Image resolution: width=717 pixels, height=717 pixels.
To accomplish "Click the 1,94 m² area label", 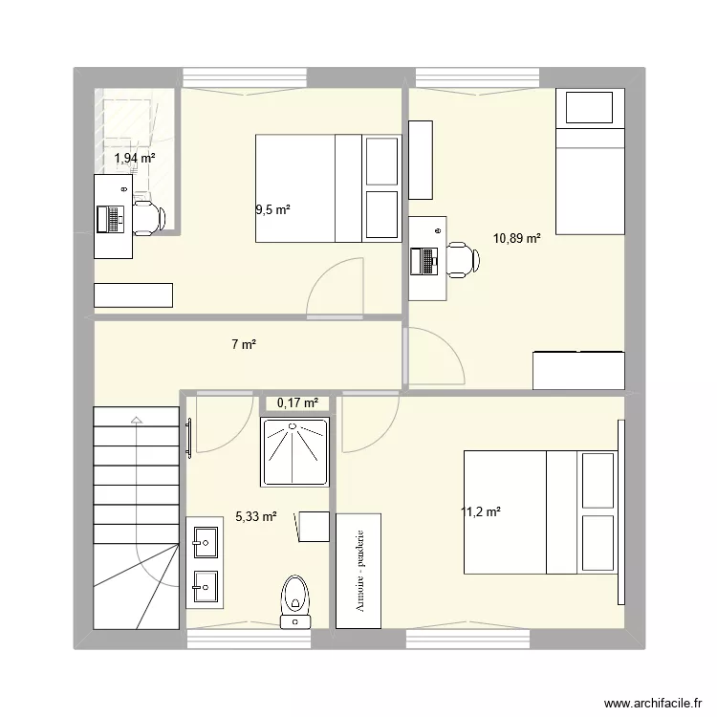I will point(134,159).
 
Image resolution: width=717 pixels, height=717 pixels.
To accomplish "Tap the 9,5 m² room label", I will point(272,210).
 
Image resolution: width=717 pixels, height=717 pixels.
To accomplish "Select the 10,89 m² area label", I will point(516,238).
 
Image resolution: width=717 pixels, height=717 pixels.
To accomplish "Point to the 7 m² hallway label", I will point(243,345).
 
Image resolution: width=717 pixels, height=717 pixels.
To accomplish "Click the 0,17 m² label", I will point(296,402).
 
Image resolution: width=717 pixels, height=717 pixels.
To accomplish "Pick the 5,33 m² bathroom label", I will point(255,516).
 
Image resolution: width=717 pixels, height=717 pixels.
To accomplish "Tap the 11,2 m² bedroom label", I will point(481,512).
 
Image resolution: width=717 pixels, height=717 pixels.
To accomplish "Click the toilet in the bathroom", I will point(296,597).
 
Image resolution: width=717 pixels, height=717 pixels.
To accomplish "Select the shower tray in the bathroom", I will point(295,450).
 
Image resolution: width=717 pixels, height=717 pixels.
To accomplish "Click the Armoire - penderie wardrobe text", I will point(358,571).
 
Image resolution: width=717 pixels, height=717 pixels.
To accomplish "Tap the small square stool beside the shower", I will point(313,526).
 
